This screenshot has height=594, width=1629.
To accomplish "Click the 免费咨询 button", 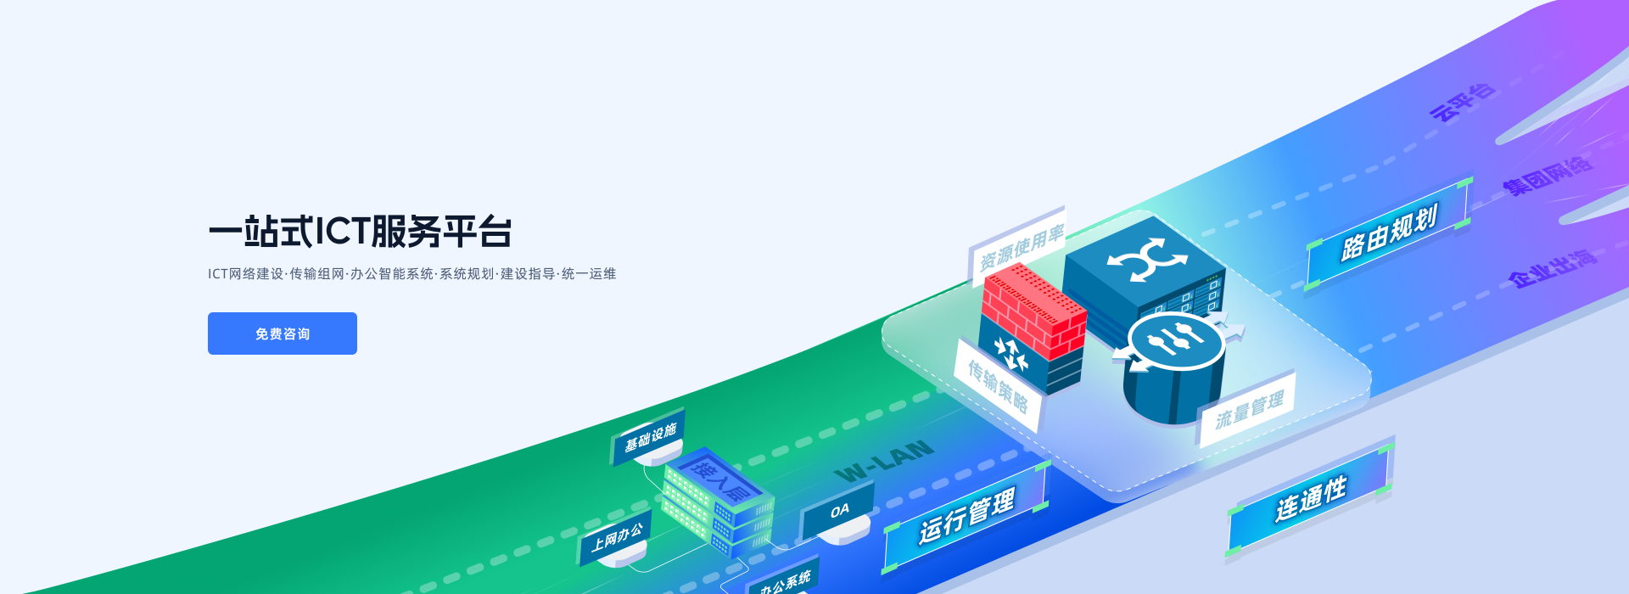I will click(x=282, y=333).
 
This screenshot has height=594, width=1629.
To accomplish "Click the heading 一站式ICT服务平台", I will click(x=360, y=232).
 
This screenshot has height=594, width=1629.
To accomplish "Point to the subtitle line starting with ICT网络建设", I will click(x=411, y=274).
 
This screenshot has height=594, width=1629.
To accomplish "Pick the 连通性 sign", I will click(x=1310, y=499).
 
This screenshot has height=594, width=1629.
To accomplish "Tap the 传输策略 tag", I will click(x=999, y=386).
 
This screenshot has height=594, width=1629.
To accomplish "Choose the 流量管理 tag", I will click(x=1249, y=410).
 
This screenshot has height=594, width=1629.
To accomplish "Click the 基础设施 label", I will click(x=650, y=437).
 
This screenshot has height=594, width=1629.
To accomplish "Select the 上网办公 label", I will click(x=617, y=535).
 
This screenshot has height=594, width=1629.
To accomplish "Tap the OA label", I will click(x=839, y=511).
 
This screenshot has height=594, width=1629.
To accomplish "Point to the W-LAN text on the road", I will click(x=884, y=461).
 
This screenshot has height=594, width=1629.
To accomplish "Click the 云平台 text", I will click(x=1461, y=103).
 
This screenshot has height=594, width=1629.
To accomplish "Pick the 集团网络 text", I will click(x=1547, y=175).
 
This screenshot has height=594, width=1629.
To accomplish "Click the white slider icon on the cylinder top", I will click(x=1175, y=340).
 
